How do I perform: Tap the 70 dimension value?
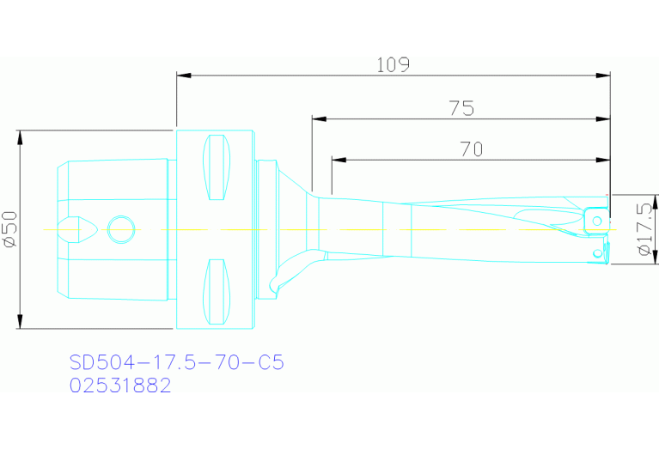tap(471, 149)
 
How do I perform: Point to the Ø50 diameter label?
tap(9, 229)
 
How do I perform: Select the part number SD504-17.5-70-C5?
tap(176, 362)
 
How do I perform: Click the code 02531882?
tap(120, 385)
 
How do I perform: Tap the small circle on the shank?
tap(121, 229)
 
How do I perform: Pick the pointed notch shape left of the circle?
tap(76, 229)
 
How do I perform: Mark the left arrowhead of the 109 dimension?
tap(183, 76)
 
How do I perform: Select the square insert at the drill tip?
tap(595, 221)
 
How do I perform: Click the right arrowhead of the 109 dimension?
tap(603, 76)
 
